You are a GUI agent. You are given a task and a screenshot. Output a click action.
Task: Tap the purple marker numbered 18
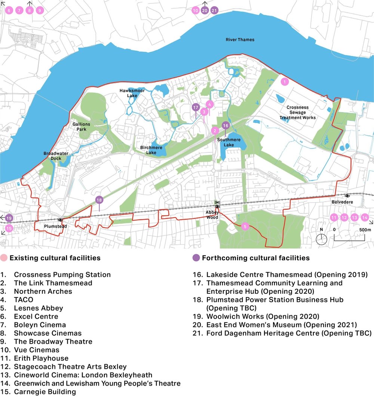click(x=99, y=200)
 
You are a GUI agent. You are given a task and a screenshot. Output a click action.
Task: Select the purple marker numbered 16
click(x=225, y=126)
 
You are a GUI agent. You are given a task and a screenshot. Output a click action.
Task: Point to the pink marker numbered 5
click(x=245, y=226)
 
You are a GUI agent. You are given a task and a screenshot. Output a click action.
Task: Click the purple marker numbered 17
click(x=195, y=108)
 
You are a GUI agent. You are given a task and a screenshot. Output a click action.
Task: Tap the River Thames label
click(x=240, y=40)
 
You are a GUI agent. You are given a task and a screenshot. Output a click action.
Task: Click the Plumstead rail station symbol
click(x=59, y=220)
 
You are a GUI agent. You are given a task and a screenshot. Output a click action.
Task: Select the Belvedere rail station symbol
click(x=347, y=195)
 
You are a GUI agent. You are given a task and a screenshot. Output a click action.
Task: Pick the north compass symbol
click(x=321, y=239)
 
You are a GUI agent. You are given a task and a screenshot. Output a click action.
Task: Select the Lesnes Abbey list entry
click(x=38, y=308)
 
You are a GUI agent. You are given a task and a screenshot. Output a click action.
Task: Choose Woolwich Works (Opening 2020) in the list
click(x=263, y=316)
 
